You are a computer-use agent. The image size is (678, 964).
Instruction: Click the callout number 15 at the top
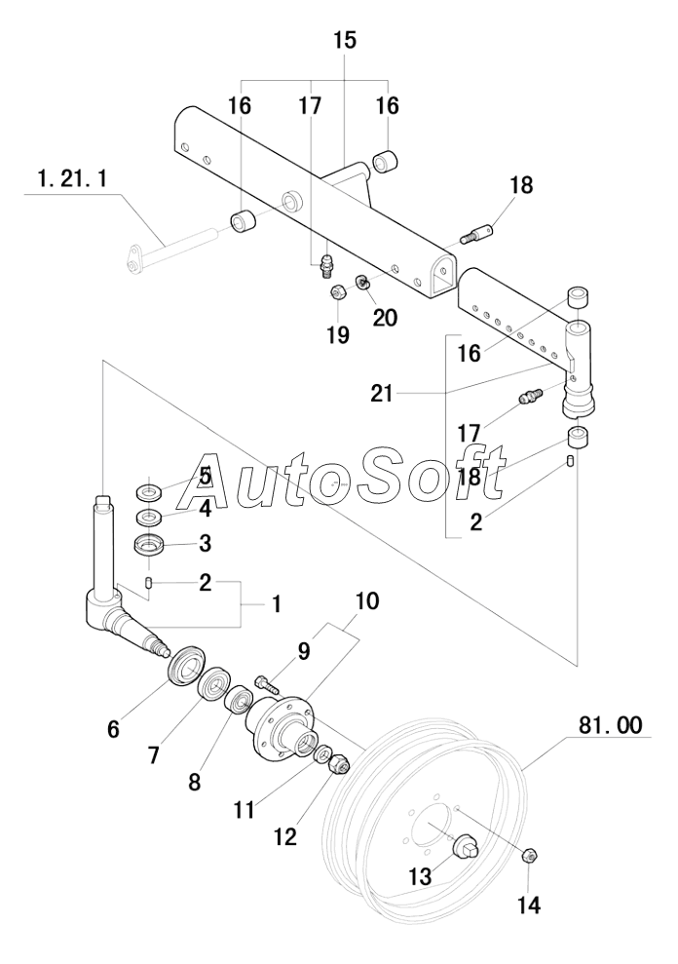click(x=345, y=40)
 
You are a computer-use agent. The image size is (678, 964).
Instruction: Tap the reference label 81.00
click(x=610, y=726)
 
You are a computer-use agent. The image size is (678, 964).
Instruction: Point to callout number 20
click(x=386, y=317)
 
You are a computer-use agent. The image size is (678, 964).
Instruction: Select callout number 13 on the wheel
click(x=419, y=876)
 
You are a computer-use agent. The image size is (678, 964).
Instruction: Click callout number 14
click(x=527, y=905)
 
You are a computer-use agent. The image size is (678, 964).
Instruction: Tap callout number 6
click(x=114, y=727)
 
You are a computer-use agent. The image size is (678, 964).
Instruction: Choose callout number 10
click(x=366, y=600)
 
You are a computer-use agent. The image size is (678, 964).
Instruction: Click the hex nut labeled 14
click(x=531, y=855)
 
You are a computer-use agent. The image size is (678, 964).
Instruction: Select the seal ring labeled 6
click(x=183, y=668)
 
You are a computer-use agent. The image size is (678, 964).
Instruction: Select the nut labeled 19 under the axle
click(x=335, y=293)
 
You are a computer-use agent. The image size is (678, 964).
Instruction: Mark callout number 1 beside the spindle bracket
click(x=276, y=604)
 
